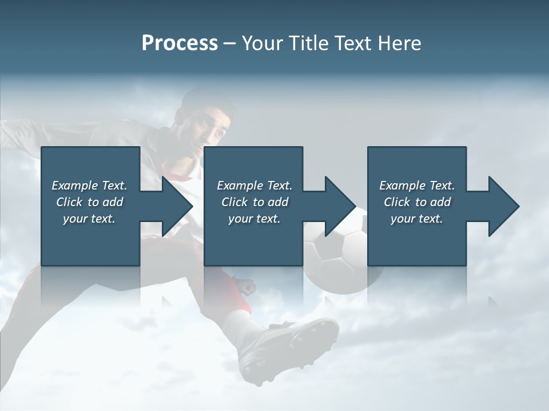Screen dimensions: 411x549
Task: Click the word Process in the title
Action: coord(180,43)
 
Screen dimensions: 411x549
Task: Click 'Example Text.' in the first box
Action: coord(89,186)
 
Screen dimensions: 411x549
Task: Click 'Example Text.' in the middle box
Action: coord(254,186)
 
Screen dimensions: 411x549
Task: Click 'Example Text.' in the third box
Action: coord(417,186)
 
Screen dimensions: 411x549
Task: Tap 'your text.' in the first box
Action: coord(89,219)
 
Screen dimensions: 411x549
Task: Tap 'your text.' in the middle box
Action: coord(254,219)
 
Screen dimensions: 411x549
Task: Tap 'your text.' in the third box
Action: coord(417,219)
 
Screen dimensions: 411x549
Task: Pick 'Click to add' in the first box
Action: coord(89,202)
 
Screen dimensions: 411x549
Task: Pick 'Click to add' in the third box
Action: coord(417,202)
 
